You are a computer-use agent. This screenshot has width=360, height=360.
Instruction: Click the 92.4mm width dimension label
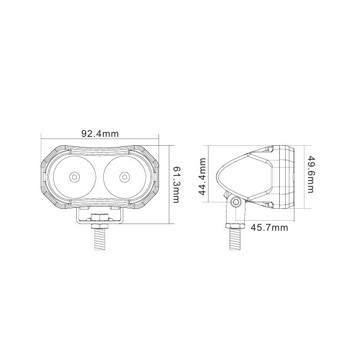(x=100, y=134)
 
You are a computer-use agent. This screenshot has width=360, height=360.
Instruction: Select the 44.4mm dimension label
(x=201, y=176)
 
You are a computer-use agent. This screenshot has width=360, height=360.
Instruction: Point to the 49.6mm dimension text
(x=310, y=174)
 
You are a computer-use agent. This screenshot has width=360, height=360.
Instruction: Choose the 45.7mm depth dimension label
(x=269, y=227)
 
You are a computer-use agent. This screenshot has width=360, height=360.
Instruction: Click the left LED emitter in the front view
(x=75, y=176)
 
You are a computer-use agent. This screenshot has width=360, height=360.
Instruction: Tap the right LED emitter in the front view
(x=124, y=176)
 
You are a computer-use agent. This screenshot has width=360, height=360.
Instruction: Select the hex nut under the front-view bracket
(x=99, y=220)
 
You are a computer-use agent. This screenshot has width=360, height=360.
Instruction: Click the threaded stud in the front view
(x=99, y=238)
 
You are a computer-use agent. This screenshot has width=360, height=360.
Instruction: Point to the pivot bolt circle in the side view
(x=236, y=202)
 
